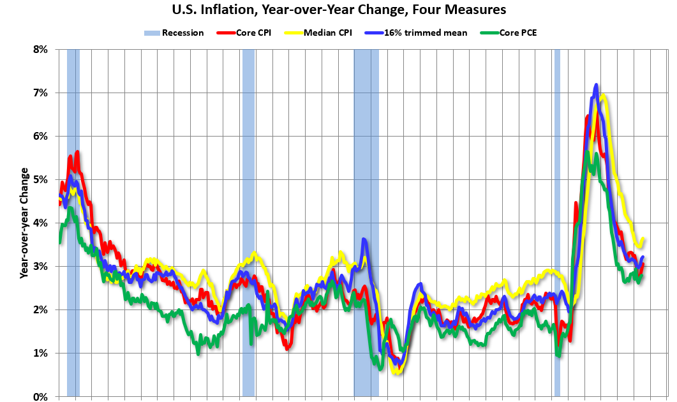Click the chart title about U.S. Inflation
(x=338, y=10)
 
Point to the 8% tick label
(x=40, y=49)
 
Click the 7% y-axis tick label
(x=40, y=93)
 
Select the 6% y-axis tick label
(x=40, y=136)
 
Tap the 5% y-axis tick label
(x=40, y=179)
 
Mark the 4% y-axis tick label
(x=40, y=223)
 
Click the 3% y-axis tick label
(x=40, y=266)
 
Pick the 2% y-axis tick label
(x=40, y=309)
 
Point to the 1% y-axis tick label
(x=40, y=353)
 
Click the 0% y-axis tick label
(x=40, y=396)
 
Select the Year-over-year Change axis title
(x=24, y=223)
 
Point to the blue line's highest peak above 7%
(x=596, y=85)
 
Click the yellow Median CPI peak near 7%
(x=603, y=96)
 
